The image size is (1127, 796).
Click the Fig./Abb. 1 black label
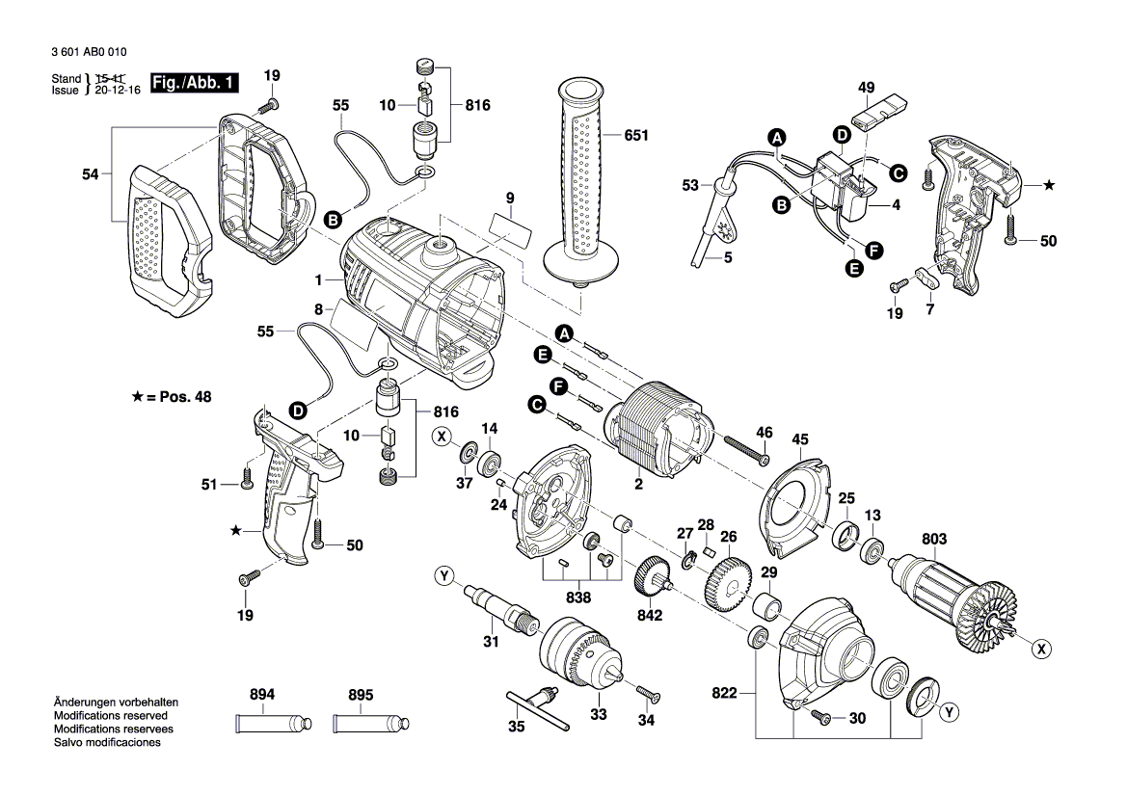tap(195, 84)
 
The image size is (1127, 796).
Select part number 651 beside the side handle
tap(636, 136)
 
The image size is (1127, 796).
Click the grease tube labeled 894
tap(275, 723)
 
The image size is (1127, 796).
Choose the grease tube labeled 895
tap(371, 723)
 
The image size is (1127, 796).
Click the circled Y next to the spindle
tap(443, 577)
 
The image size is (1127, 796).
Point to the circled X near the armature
tap(1040, 650)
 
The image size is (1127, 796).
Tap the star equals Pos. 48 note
tap(173, 396)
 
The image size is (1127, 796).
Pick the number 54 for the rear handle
tap(90, 174)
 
